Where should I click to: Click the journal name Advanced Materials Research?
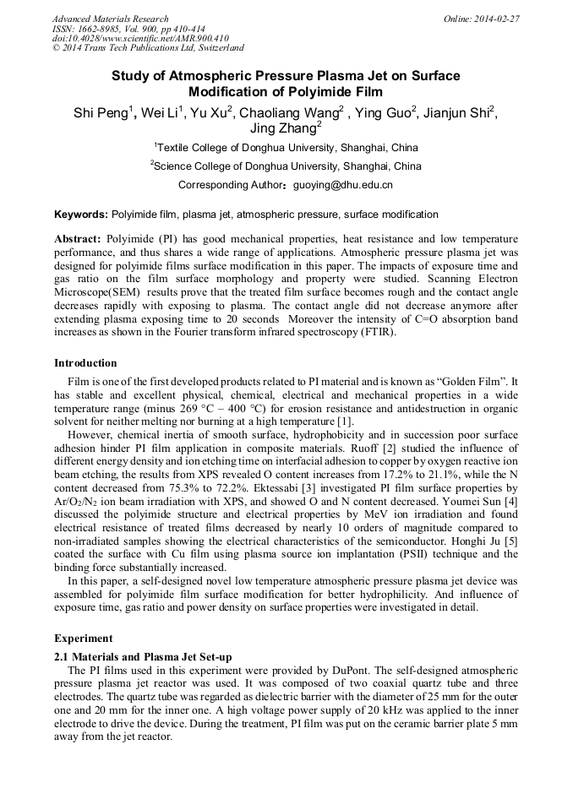pyautogui.click(x=111, y=19)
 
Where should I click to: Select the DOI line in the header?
pyautogui.click(x=140, y=38)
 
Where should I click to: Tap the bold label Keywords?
pyautogui.click(x=81, y=215)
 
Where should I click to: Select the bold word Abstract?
pyautogui.click(x=78, y=240)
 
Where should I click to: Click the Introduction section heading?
pyautogui.click(x=85, y=363)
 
